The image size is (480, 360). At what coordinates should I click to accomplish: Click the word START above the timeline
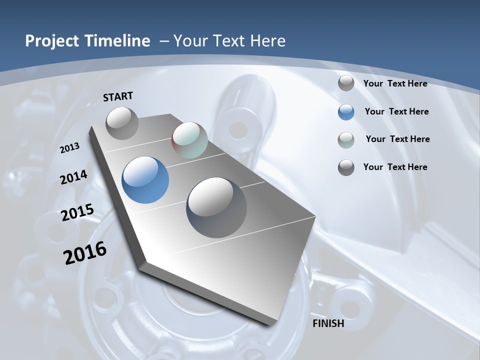tap(118, 96)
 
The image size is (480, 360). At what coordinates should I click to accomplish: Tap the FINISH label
tap(328, 323)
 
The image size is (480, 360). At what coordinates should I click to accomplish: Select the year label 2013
tap(70, 148)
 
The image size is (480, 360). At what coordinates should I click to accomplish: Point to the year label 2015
tap(77, 212)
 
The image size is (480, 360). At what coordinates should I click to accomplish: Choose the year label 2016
tap(85, 252)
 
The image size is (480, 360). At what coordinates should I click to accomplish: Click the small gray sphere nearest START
tap(122, 123)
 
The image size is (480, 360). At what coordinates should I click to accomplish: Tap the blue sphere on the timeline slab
tap(145, 180)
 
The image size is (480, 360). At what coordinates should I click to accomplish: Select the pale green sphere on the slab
tap(189, 140)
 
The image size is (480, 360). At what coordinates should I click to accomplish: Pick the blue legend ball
tap(346, 112)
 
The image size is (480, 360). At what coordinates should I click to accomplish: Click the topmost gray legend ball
tap(346, 83)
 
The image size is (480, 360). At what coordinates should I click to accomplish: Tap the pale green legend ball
tap(346, 140)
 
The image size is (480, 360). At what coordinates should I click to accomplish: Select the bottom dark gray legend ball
tap(346, 167)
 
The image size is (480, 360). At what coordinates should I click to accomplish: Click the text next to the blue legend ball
tap(396, 111)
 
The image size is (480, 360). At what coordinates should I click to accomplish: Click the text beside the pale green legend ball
tap(397, 139)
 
